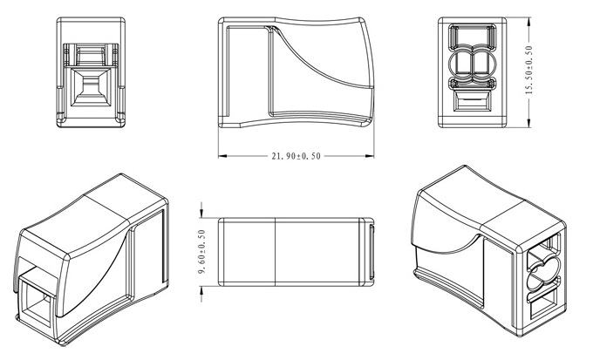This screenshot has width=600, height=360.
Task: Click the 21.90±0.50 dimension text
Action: click(297, 156)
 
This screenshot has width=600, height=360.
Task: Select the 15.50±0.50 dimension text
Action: click(528, 70)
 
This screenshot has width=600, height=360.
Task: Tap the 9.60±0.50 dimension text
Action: click(202, 252)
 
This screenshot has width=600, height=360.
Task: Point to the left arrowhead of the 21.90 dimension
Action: click(222, 156)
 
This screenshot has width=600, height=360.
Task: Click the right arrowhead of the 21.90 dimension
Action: click(370, 156)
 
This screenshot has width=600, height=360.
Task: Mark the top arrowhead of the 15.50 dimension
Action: click(528, 22)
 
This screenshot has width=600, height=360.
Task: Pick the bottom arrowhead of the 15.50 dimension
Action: click(528, 122)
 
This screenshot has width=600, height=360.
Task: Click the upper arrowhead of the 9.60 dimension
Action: click(202, 214)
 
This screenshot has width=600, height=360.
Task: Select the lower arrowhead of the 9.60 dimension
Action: click(202, 290)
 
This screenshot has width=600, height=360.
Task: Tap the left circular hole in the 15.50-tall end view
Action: click(461, 63)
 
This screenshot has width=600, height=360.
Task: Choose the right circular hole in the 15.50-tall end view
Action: click(484, 63)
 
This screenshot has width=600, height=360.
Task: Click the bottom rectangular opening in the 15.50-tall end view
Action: click(472, 101)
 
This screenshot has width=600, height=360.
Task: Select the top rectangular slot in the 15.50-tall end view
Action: click(472, 36)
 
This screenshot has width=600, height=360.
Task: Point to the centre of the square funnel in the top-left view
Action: click(91, 87)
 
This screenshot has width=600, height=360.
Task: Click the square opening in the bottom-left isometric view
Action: click(35, 301)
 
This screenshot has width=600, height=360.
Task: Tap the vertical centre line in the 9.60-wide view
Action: click(276, 252)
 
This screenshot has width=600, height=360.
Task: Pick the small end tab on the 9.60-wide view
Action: click(372, 252)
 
